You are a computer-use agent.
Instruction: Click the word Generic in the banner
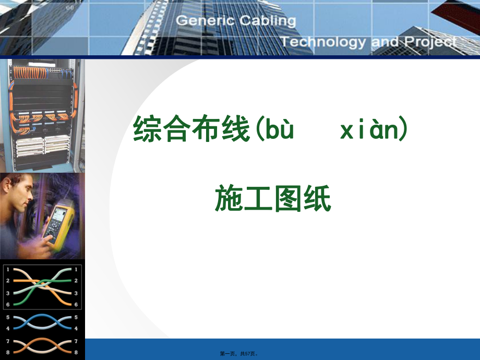[x=206, y=21]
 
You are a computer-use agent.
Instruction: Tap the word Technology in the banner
[x=323, y=42]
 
